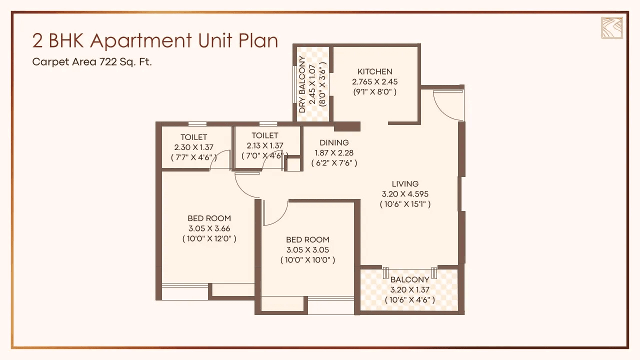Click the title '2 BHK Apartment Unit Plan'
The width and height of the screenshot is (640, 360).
click(155, 41)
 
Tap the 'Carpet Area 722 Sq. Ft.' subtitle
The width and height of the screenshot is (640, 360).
click(92, 62)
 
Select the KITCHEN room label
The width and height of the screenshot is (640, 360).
click(374, 71)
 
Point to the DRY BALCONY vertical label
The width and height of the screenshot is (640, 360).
click(302, 84)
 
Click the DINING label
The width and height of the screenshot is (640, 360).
click(334, 142)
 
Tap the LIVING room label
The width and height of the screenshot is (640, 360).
click(405, 184)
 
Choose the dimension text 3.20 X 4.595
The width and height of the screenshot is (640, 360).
click(405, 194)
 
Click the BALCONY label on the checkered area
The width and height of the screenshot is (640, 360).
click(409, 279)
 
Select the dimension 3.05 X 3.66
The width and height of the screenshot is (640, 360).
click(209, 228)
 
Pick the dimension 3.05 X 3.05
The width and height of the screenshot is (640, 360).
click(307, 250)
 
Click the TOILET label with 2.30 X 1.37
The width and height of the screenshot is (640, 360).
click(194, 137)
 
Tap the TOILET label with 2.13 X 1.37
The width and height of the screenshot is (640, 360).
click(265, 135)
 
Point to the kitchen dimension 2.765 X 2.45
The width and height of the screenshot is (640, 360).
click(374, 81)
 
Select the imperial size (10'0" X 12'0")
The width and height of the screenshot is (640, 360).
click(209, 238)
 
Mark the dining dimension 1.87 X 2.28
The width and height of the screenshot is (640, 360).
click(334, 152)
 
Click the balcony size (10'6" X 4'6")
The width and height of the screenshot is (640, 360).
click(409, 299)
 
